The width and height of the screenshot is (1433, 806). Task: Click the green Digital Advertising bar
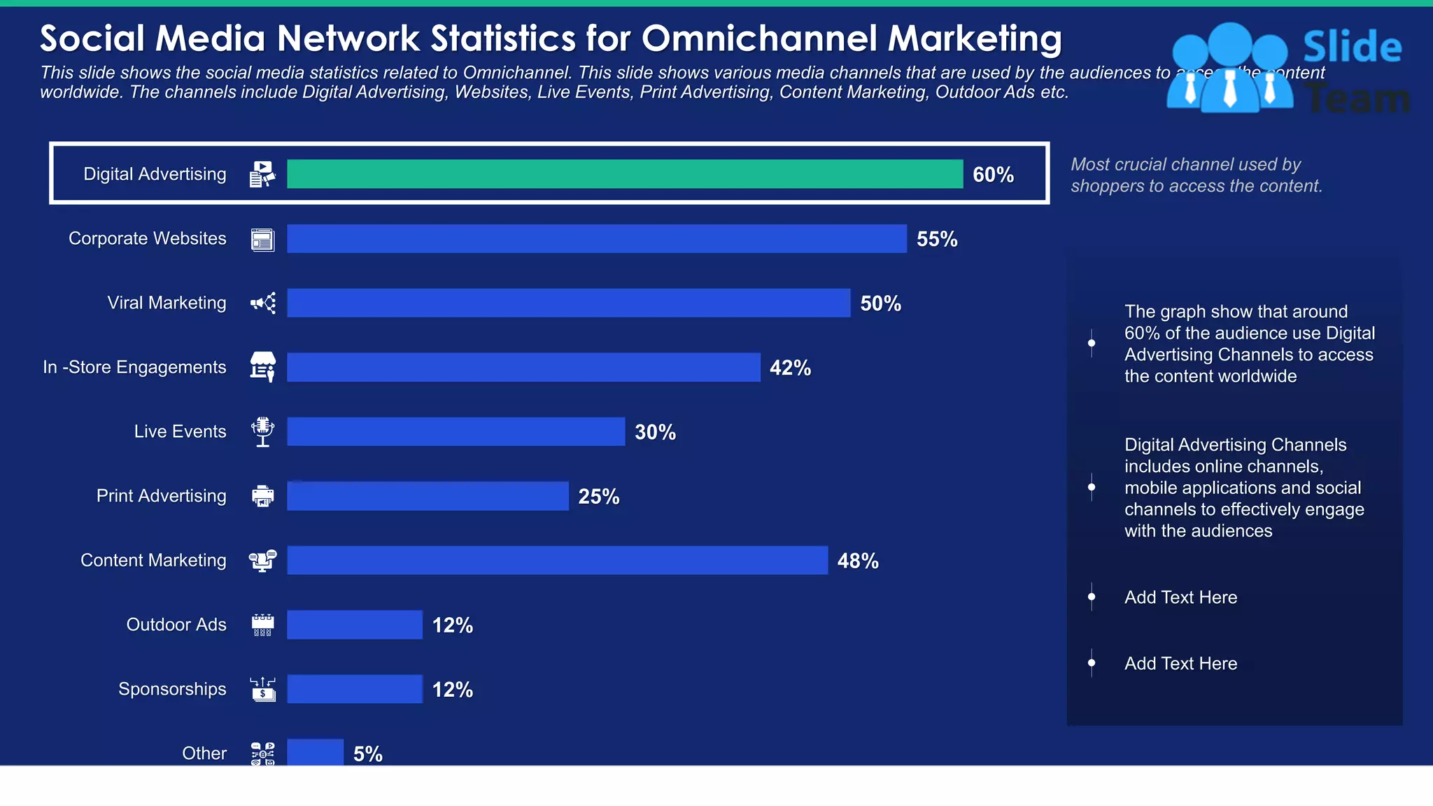[625, 174]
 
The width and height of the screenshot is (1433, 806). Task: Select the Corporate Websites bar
[597, 239]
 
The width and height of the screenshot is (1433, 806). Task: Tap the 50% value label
[880, 304]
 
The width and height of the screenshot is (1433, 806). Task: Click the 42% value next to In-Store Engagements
[790, 368]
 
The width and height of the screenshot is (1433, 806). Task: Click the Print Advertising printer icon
[263, 496]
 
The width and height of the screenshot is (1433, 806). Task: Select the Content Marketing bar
[557, 560]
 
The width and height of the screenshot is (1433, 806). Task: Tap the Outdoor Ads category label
[176, 625]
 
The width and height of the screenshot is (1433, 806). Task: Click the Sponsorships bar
[355, 689]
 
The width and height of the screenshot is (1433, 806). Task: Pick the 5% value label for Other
[367, 754]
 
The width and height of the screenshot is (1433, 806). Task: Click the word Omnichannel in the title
[759, 38]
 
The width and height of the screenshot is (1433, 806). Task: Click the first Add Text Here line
[1180, 598]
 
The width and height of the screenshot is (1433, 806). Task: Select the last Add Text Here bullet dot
[1092, 663]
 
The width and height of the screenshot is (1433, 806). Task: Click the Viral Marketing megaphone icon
[263, 303]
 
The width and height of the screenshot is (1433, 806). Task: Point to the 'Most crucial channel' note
[1196, 175]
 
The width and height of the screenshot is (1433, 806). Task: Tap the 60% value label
[993, 175]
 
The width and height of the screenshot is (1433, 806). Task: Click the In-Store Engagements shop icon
[263, 367]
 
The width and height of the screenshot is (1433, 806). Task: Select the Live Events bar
[456, 432]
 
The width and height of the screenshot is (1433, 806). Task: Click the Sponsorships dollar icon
[263, 689]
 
